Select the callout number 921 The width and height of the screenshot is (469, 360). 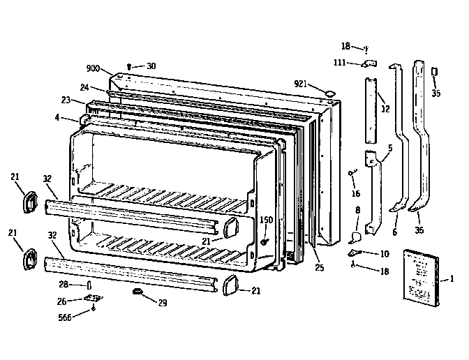tap(301, 84)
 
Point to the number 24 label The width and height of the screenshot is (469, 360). tap(84, 88)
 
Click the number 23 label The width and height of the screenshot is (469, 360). tap(66, 100)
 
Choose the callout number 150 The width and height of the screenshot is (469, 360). tap(266, 220)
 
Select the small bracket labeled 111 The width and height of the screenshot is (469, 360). tap(367, 63)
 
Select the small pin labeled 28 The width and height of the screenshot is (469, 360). tap(89, 285)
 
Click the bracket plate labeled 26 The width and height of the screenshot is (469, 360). tap(91, 299)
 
